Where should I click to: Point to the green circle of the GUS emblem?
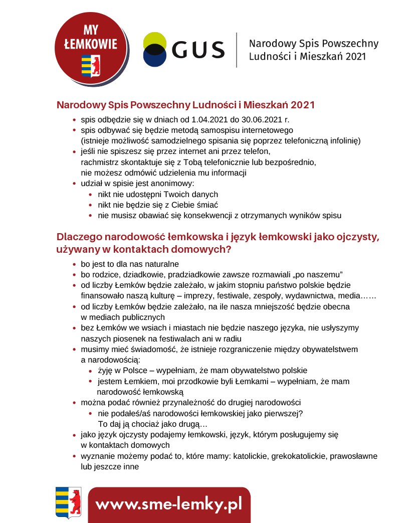click(x=154, y=40)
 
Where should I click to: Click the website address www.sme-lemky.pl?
click(x=169, y=504)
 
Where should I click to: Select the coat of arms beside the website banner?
click(x=68, y=502)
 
